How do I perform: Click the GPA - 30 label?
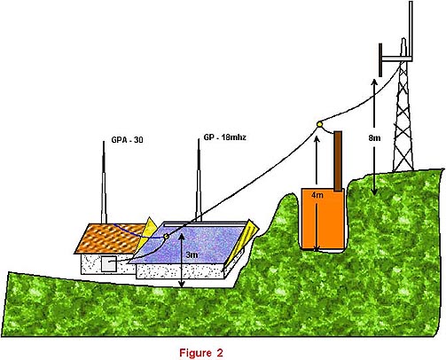point(127,139)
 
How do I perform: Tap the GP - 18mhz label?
point(224,137)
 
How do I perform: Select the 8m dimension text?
point(374,137)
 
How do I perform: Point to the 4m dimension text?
point(317,195)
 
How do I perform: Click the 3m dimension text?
point(192,254)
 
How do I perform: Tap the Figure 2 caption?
point(201,353)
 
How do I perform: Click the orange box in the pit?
point(323,219)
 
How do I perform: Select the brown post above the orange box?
point(338,161)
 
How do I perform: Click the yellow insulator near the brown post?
point(319,124)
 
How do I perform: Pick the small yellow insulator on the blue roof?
point(166,236)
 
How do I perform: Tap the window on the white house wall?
point(108,264)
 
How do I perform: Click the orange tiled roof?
point(111,239)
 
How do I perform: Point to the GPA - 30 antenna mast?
point(104,183)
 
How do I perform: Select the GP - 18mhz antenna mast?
point(199,180)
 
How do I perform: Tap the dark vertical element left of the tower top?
point(380,60)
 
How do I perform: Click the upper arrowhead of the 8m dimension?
point(374,82)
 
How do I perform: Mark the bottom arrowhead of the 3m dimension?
point(182,285)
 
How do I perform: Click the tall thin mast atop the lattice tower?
point(411,28)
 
